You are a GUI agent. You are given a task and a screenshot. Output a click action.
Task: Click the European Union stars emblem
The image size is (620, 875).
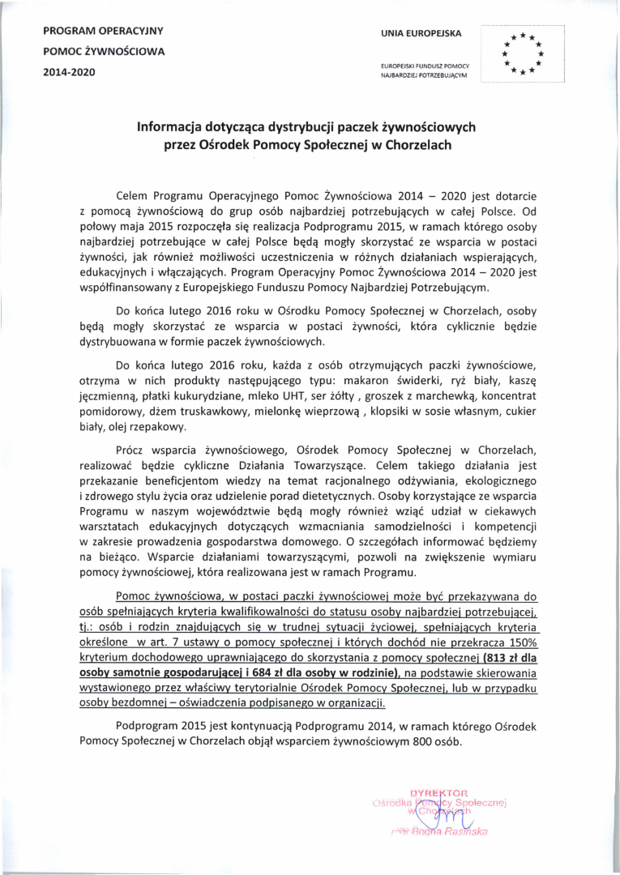tap(522, 54)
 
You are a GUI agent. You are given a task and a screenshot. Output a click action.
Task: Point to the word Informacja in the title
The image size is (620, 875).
tap(172, 127)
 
